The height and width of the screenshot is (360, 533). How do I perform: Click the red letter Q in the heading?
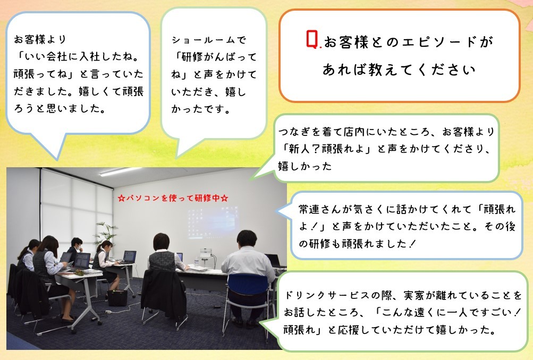312,39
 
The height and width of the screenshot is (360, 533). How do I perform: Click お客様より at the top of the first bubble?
39,39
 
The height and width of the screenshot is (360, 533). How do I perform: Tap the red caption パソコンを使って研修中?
173,198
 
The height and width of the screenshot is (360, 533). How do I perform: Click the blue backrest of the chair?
248,285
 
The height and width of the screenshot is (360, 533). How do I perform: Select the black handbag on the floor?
117,297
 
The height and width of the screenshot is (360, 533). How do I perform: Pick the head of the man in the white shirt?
247,239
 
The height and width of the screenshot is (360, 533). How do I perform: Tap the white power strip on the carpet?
109,312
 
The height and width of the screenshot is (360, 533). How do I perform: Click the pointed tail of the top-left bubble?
57,159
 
